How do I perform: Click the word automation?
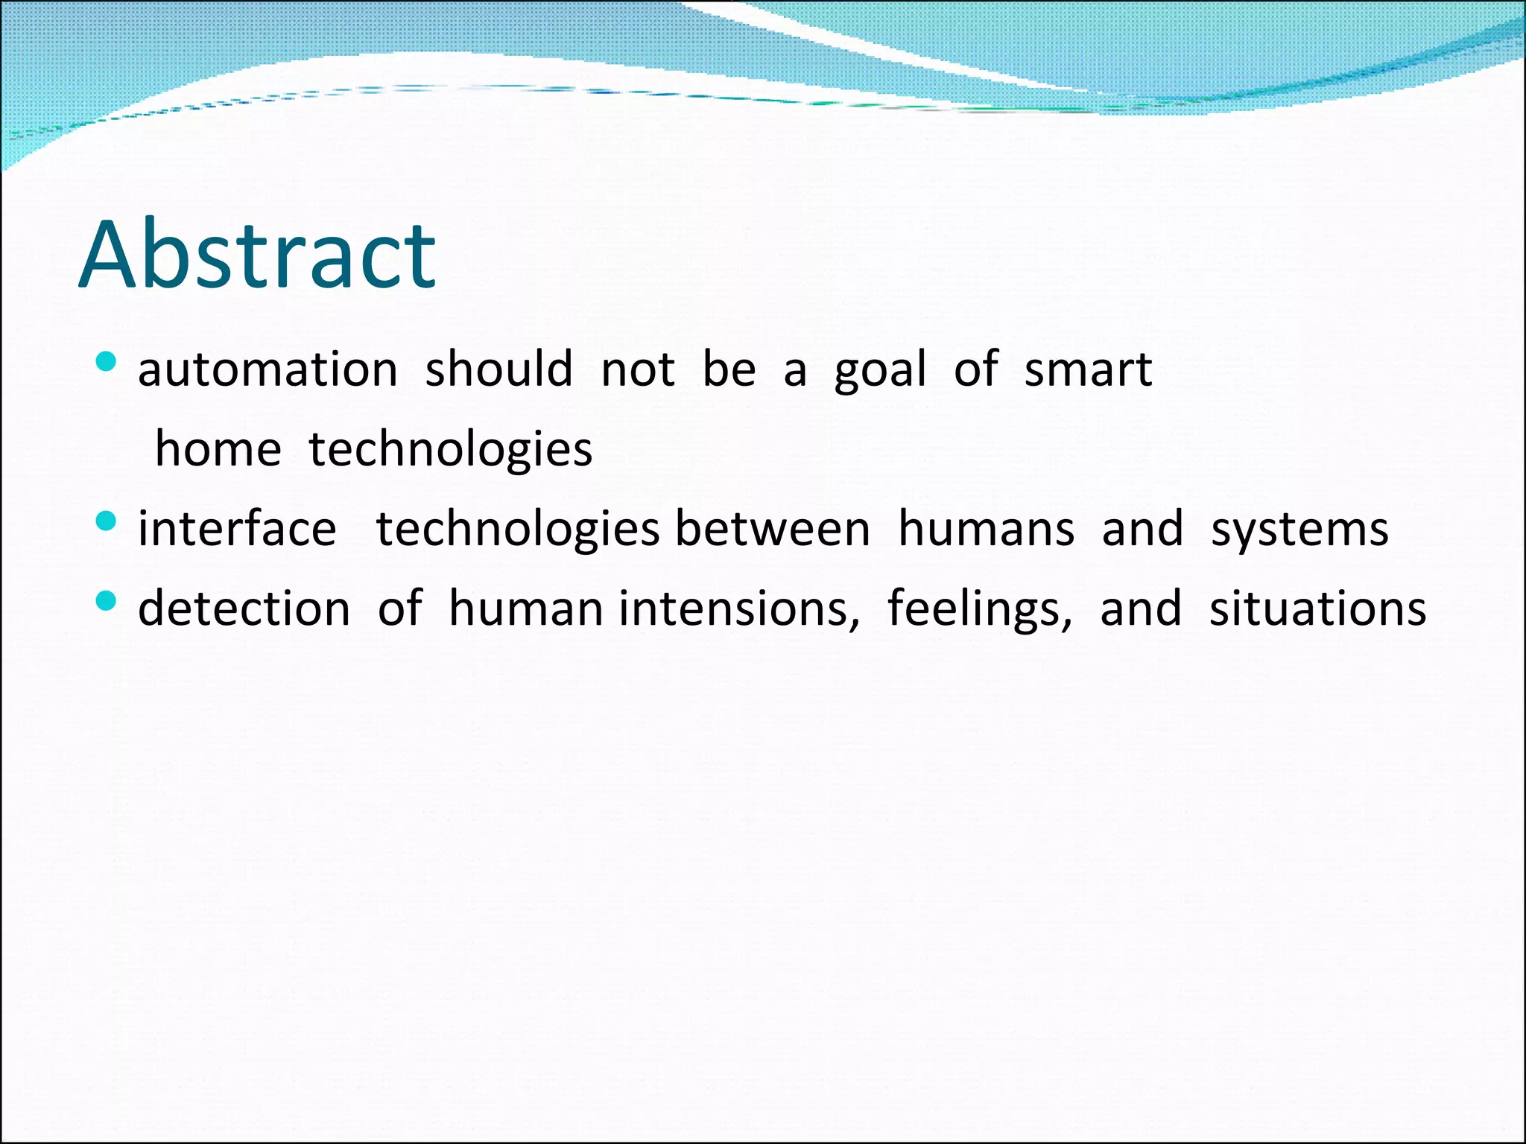[x=267, y=369]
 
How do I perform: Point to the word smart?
[x=1088, y=369]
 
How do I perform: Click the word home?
[x=218, y=450]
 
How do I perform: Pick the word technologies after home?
[x=450, y=450]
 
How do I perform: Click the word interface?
[x=237, y=529]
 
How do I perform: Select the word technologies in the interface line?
[x=517, y=530]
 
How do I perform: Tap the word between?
[x=773, y=529]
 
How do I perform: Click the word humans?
[x=986, y=529]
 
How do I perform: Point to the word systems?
[x=1299, y=530]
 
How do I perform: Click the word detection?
[x=244, y=608]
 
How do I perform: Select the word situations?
[x=1317, y=608]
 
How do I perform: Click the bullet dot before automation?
[x=107, y=363]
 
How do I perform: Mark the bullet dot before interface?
[x=107, y=521]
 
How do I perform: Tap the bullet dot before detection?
[x=107, y=600]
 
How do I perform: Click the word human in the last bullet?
[x=525, y=608]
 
